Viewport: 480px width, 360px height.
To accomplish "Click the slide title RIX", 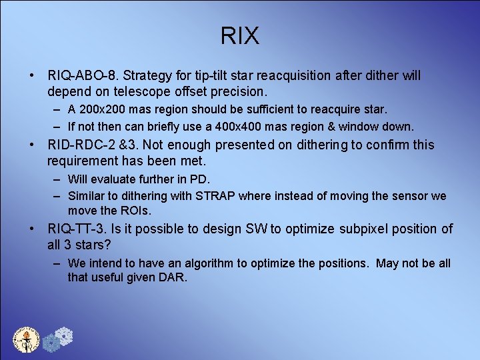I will (x=240, y=36).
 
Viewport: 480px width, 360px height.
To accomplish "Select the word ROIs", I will (x=136, y=210).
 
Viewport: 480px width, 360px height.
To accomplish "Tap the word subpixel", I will (x=366, y=229).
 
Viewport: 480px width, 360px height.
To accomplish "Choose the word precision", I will (x=236, y=91).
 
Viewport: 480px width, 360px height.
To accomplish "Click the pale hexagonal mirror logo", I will (x=62, y=336).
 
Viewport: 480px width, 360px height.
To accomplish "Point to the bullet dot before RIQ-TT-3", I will (x=32, y=229).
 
